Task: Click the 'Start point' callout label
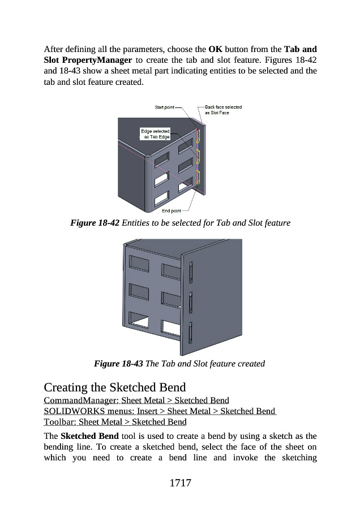click(x=164, y=107)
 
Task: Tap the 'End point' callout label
click(x=172, y=211)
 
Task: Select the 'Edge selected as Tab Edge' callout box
click(x=155, y=134)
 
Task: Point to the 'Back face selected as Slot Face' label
click(x=223, y=110)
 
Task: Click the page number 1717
click(x=181, y=483)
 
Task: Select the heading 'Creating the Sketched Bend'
click(x=115, y=387)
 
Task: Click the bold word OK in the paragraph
click(x=216, y=49)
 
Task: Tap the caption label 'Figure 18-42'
click(x=95, y=223)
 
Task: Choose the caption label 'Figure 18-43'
click(x=118, y=364)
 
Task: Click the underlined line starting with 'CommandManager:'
click(x=136, y=400)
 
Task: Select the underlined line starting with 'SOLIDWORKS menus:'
click(x=160, y=411)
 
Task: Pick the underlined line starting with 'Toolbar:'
click(x=115, y=422)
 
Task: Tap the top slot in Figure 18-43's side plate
click(x=191, y=273)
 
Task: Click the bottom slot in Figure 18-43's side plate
click(x=190, y=333)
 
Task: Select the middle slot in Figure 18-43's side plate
click(x=191, y=303)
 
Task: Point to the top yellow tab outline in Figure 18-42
click(x=198, y=136)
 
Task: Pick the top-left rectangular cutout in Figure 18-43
click(x=139, y=263)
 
